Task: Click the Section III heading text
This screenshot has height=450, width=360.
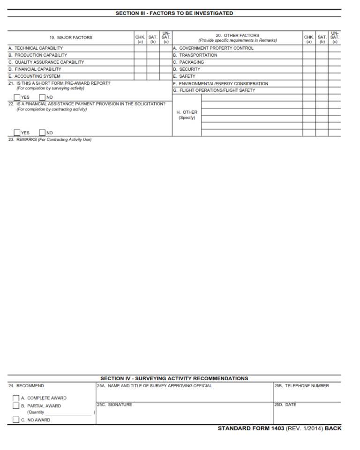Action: (x=174, y=13)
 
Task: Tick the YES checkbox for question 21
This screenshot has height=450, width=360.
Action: (x=17, y=97)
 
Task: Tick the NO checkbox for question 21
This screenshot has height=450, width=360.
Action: (x=42, y=97)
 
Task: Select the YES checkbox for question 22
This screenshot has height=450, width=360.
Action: (x=17, y=133)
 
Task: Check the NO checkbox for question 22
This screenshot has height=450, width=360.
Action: (x=42, y=133)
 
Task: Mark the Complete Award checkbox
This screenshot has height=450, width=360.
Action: (x=16, y=398)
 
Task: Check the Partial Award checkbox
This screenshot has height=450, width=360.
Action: (x=16, y=406)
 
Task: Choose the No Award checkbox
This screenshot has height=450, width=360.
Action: (x=16, y=420)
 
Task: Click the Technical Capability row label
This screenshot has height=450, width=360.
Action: (x=36, y=48)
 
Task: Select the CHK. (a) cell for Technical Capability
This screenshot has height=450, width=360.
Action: (x=140, y=48)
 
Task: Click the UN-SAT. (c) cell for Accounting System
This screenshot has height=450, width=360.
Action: (x=165, y=76)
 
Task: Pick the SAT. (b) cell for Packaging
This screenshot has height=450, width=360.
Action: (x=322, y=62)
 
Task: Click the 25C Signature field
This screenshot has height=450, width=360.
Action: (x=184, y=415)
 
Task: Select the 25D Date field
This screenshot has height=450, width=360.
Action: (x=307, y=415)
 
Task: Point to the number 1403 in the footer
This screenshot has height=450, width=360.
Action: (x=277, y=428)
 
